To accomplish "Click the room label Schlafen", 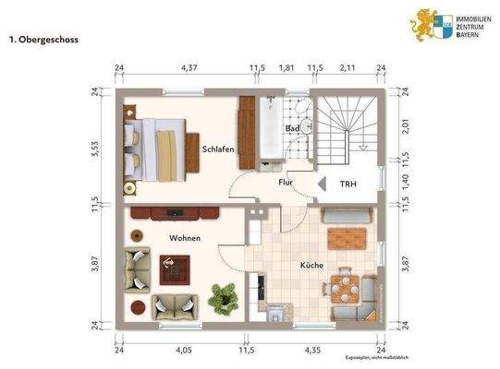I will (218, 149).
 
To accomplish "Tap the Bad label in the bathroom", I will (293, 128).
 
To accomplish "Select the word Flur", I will (287, 183).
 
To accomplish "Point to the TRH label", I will (348, 183).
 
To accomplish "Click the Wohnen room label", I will (185, 238).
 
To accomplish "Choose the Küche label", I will (311, 266).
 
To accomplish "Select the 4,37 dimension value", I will (189, 68).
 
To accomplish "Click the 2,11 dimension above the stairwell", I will (348, 68).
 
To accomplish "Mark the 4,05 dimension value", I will (182, 351).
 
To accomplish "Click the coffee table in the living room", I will (173, 268).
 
